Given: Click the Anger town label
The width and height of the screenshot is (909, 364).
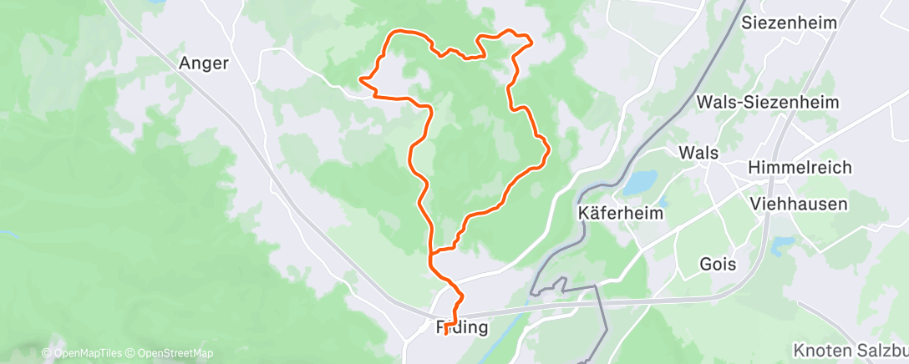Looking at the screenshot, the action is [204, 63].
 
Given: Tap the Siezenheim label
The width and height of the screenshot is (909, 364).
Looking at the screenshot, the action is [789, 23].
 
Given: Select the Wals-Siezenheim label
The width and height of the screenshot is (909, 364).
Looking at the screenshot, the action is [768, 102].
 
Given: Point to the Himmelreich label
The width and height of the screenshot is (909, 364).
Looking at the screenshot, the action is [800, 167].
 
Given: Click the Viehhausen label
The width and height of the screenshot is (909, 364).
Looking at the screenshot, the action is [799, 204].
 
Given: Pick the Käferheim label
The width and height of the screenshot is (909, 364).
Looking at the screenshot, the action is [621, 213].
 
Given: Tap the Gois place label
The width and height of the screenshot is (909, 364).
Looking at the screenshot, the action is [719, 264].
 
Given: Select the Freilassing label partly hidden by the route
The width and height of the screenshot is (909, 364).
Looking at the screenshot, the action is [462, 326].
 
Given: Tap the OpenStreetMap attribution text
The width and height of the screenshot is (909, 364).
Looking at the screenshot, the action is [170, 353].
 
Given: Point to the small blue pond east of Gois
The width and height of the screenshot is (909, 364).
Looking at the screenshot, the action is [784, 245].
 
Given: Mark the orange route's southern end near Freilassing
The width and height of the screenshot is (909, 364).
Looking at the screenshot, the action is [448, 332].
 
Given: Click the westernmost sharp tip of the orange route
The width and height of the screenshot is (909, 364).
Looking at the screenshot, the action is [360, 79].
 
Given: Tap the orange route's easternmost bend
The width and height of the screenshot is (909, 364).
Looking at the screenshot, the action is [548, 151].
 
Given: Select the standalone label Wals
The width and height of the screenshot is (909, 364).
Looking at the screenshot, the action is [698, 153].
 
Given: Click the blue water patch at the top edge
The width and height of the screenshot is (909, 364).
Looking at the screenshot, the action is [155, 3].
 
